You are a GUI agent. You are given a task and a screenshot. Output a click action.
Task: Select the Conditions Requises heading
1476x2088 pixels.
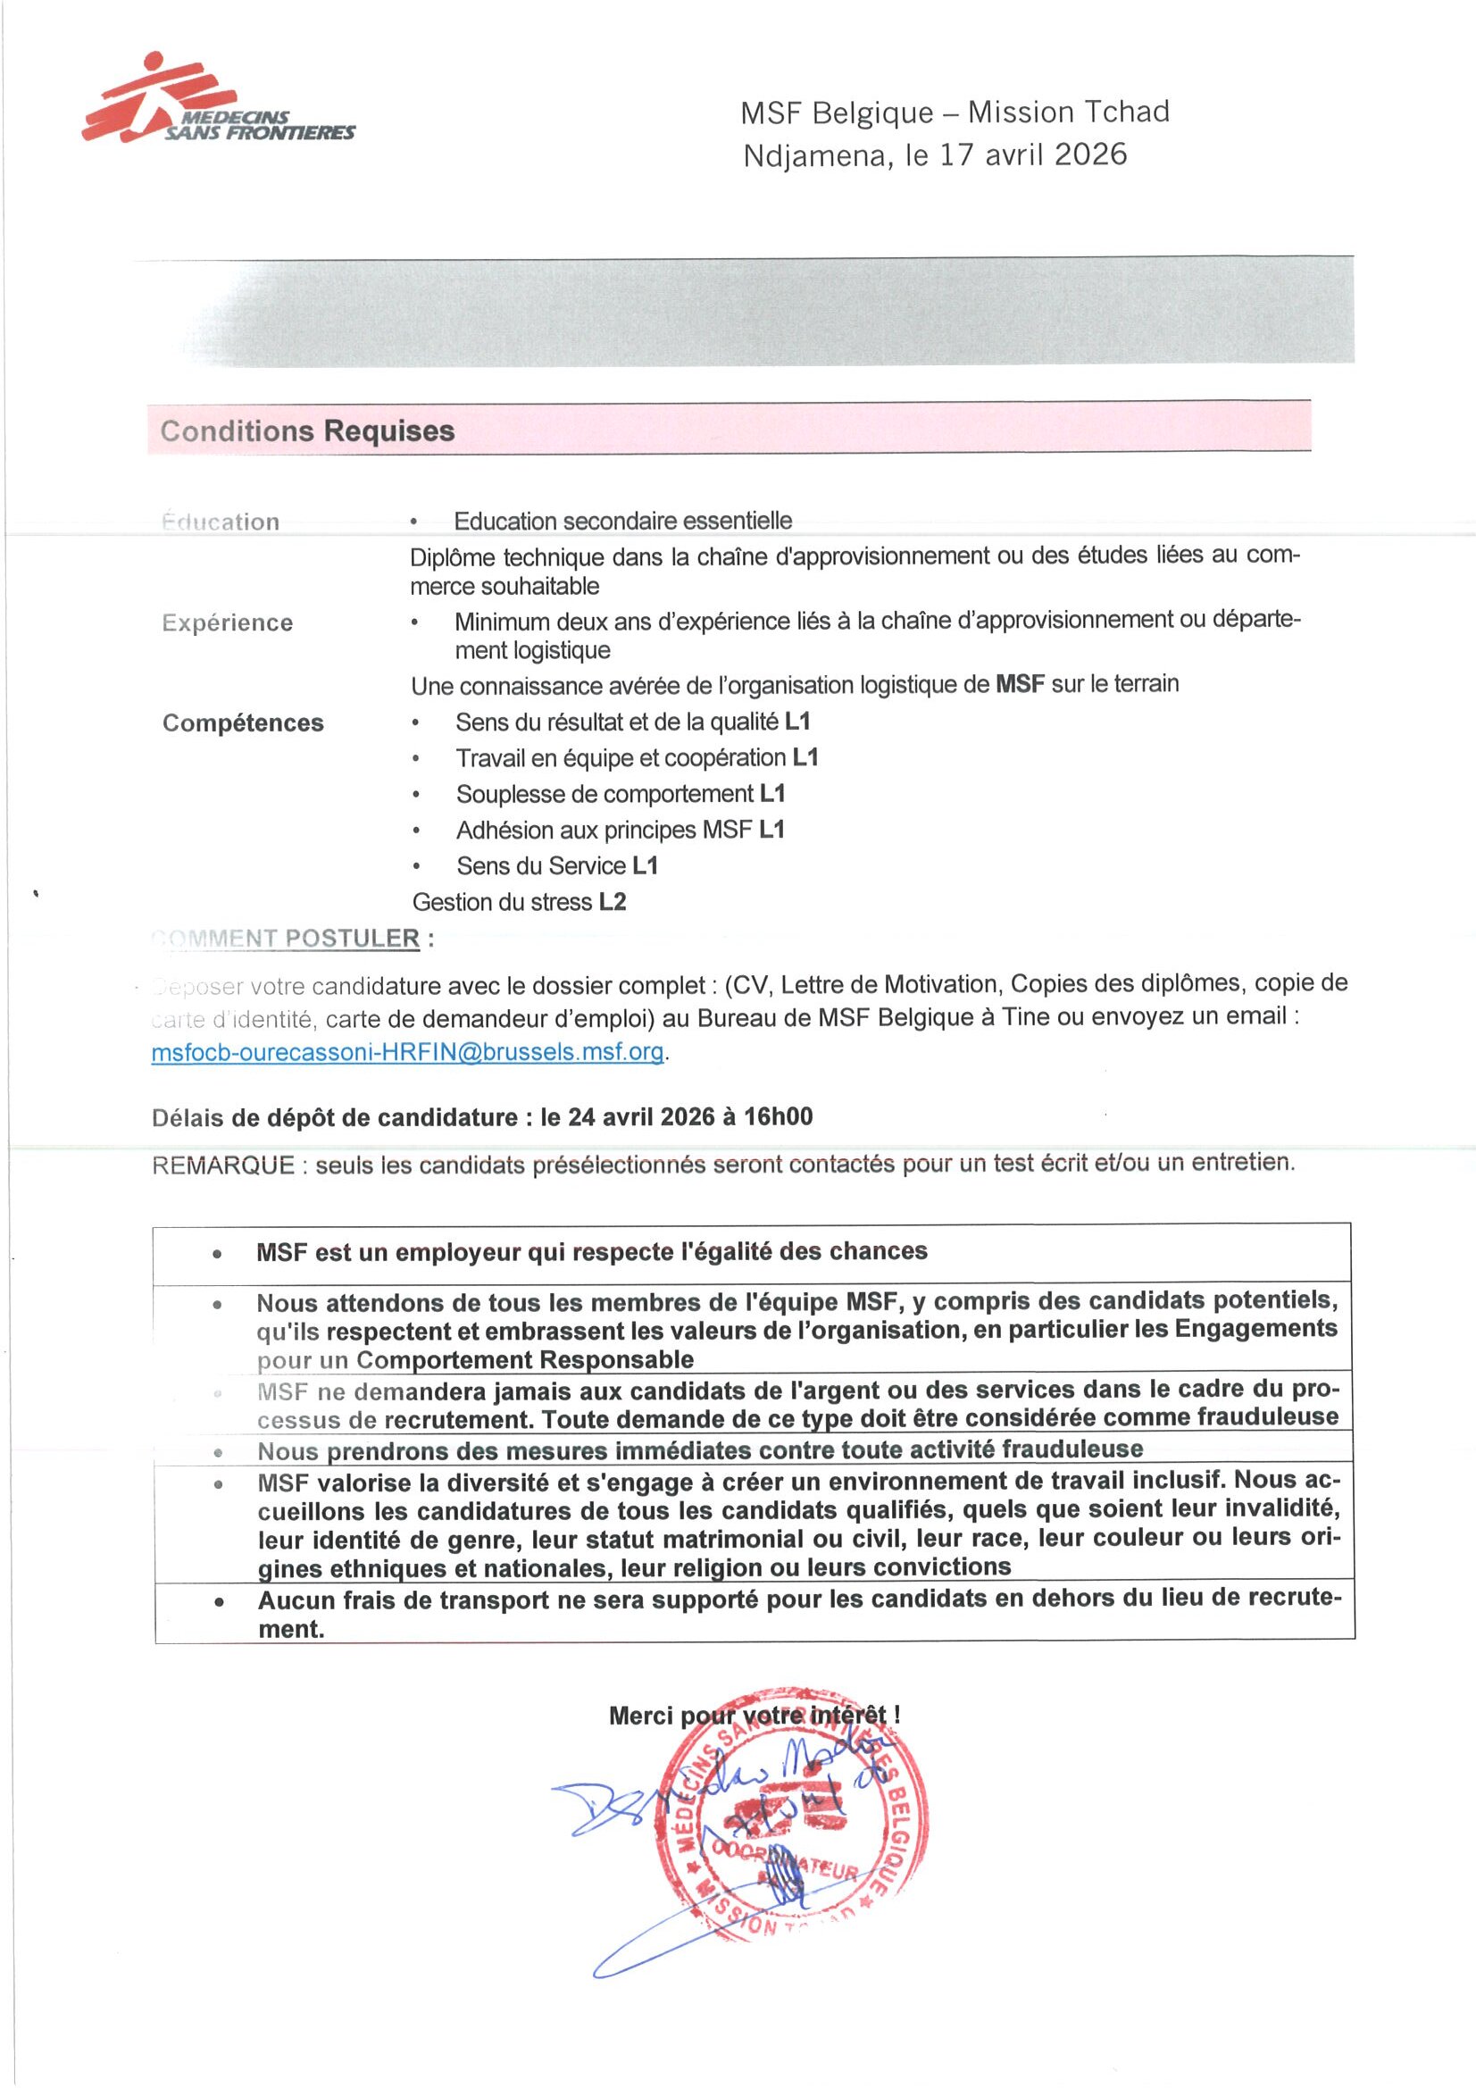coord(307,430)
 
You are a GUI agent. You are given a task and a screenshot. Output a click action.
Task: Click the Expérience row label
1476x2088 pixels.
coord(228,623)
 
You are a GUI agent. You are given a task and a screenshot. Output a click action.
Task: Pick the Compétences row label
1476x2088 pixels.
coord(243,723)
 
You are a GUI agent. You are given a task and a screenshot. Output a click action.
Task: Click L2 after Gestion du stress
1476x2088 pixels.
coord(612,902)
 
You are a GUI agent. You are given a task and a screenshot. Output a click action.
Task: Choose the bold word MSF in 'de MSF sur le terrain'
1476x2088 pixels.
coord(1021,684)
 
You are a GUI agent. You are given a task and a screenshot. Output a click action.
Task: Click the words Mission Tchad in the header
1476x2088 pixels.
coord(1068,112)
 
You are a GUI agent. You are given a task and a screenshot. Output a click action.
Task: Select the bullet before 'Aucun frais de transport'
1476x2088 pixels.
coord(218,1602)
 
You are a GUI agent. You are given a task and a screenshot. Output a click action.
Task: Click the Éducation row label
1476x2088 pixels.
coord(221,522)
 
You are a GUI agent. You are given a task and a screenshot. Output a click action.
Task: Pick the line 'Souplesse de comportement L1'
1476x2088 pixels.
coord(621,794)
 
